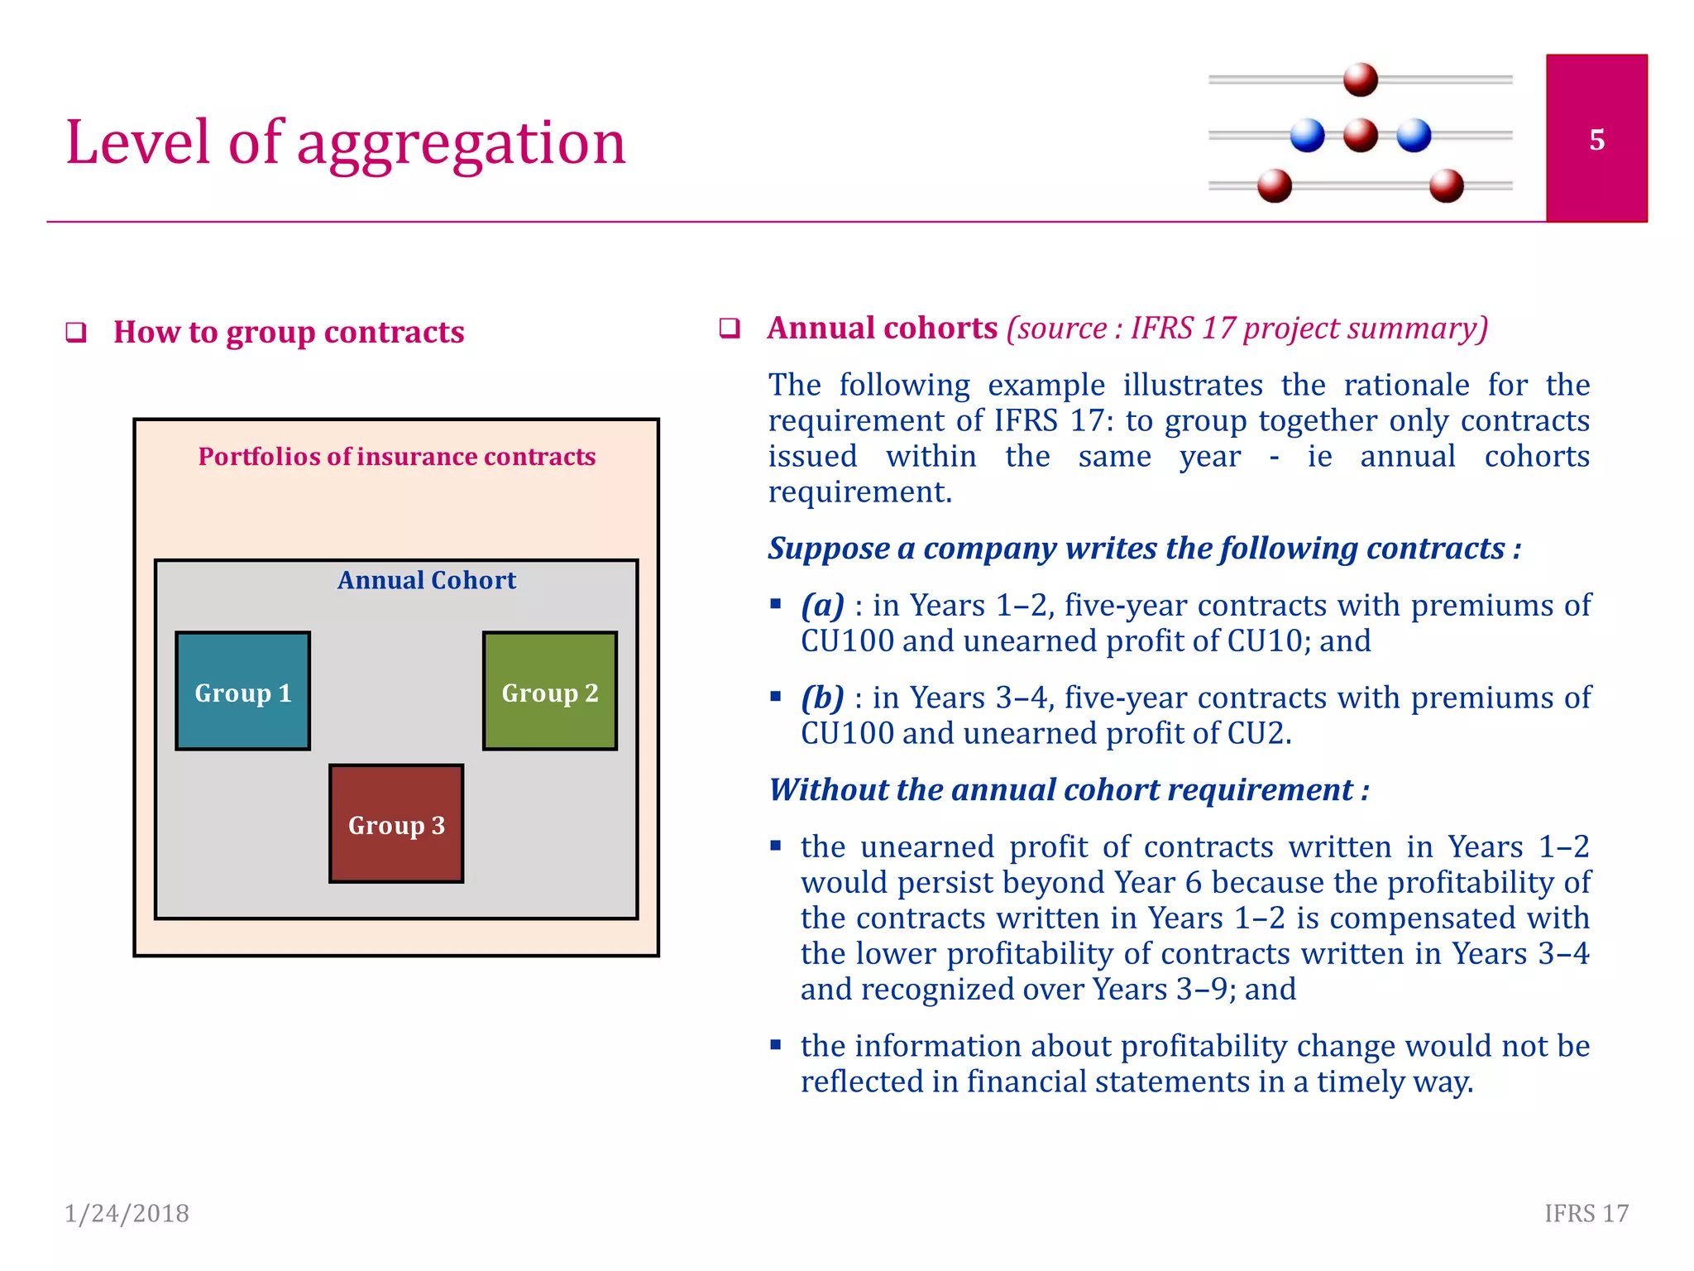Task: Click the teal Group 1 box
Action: coord(242,691)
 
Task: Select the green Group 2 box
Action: coord(550,691)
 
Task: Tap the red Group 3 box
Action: coord(396,823)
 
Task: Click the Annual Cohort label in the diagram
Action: coord(426,580)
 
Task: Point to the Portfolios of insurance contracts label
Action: coord(396,457)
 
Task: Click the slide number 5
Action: coord(1596,140)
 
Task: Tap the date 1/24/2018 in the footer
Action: coord(127,1213)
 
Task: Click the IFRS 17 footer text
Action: coord(1586,1213)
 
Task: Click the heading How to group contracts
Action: coord(289,332)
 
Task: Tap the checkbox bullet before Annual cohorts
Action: coord(729,329)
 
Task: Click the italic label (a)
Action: coord(822,606)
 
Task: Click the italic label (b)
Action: coord(822,698)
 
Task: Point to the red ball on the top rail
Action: coord(1361,79)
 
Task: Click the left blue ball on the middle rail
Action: coord(1307,135)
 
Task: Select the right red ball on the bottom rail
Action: coord(1446,185)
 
